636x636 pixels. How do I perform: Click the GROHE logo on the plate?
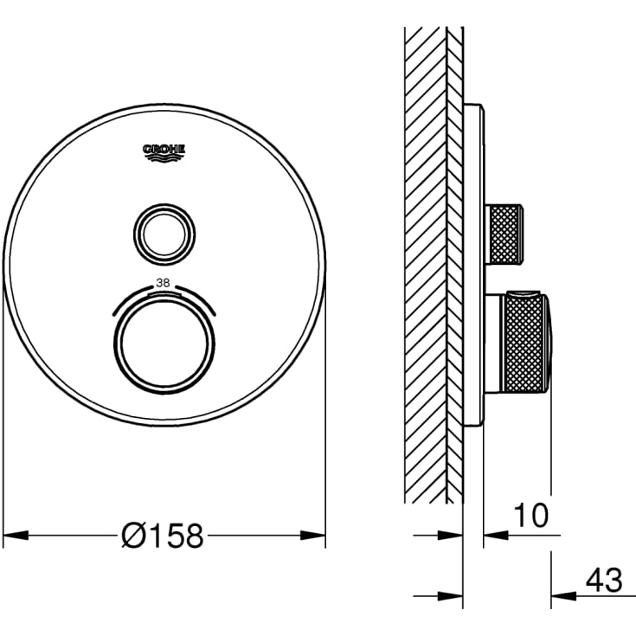coord(164,153)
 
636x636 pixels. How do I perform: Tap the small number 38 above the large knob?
coord(163,283)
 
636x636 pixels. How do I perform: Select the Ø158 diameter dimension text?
coord(163,536)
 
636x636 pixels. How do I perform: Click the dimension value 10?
coord(531,515)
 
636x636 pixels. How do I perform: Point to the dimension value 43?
coord(604,580)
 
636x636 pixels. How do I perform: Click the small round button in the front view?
coord(164,234)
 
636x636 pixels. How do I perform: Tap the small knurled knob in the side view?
coord(504,234)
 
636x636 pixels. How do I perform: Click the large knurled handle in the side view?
coord(526,342)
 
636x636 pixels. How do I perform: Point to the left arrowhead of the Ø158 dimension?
coord(16,536)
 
